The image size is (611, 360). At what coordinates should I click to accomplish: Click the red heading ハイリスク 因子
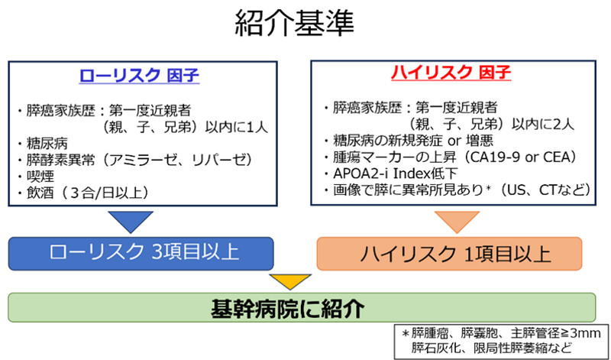450,73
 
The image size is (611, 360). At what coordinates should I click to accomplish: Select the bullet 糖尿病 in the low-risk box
43,143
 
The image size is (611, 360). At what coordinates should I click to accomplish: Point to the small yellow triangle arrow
293,280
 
